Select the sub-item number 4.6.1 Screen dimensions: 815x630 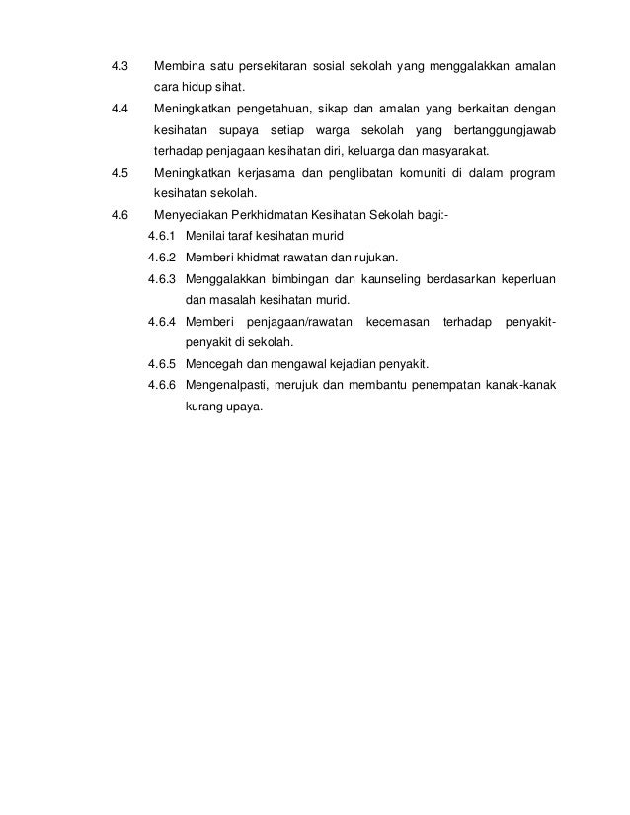[161, 237]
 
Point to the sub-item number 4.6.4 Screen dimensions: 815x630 [161, 322]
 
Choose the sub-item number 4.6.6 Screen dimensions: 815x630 [161, 386]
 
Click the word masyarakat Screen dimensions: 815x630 [452, 152]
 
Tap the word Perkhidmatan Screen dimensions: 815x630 [281, 216]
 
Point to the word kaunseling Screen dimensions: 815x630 [382, 279]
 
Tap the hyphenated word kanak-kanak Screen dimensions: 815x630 [513, 386]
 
